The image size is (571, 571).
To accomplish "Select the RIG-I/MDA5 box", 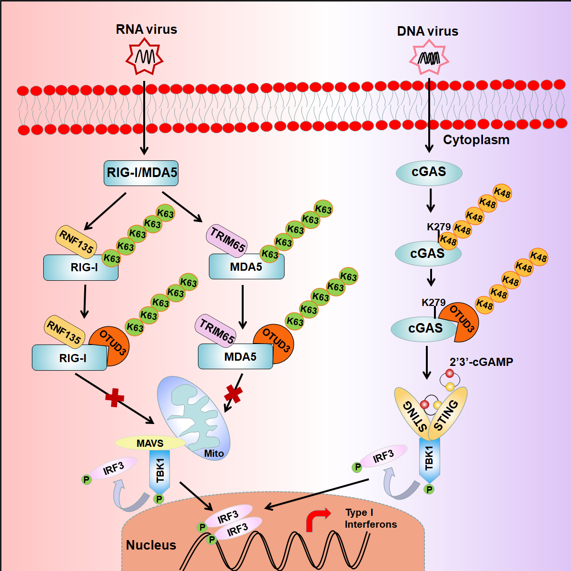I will tap(141, 173).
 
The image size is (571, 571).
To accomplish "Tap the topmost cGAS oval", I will tap(429, 172).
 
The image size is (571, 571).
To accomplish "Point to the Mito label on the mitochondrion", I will tap(214, 453).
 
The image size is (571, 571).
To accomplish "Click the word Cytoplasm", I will tap(476, 140).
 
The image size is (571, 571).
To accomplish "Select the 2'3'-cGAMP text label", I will tap(481, 362).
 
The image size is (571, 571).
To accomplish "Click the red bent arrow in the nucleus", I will tap(317, 519).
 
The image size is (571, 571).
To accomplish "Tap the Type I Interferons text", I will tap(370, 519).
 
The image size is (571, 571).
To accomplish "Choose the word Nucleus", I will tap(151, 545).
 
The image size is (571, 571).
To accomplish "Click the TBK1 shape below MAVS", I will tap(160, 471).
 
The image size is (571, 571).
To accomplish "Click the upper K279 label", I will tap(438, 226).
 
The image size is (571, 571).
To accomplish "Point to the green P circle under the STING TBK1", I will tap(429, 489).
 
